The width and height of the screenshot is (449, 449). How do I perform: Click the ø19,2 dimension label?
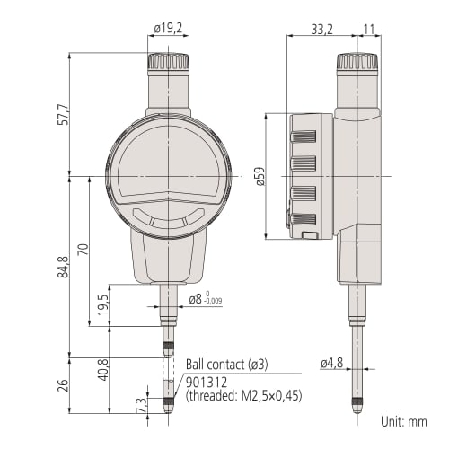pos(169,29)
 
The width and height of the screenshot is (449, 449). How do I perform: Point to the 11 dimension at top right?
pos(371,29)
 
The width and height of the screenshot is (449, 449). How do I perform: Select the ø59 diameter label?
pos(261,176)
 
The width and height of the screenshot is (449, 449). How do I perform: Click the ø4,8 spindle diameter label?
pos(333,364)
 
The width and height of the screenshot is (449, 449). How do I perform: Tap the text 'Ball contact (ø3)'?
pos(227,365)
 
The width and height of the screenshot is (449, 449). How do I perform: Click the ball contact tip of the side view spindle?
pos(357,409)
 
